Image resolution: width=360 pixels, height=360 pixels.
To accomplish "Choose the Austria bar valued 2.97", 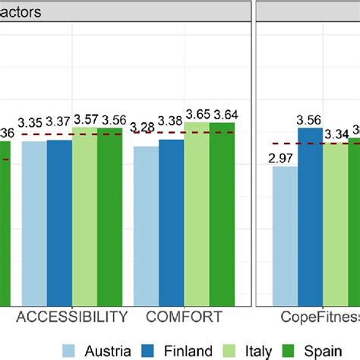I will (285, 235).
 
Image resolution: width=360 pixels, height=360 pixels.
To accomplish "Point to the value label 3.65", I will (197, 113).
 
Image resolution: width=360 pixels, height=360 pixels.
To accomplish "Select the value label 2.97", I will (285, 157).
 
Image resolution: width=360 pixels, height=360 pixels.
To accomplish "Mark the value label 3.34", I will (336, 134).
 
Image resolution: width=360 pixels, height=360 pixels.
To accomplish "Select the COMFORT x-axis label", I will (185, 317).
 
